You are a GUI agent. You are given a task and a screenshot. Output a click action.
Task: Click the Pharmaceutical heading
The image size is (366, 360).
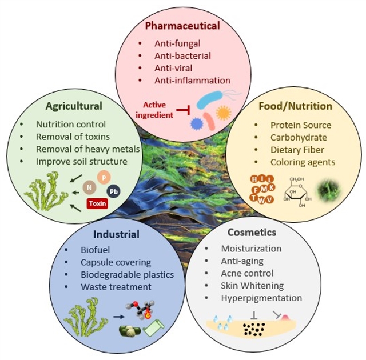182,26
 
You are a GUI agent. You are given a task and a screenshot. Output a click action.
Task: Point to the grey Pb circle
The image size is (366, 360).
114,191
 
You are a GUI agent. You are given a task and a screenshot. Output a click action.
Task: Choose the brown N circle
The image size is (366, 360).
89,187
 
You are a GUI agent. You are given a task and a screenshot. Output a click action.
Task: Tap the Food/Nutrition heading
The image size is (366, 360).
295,106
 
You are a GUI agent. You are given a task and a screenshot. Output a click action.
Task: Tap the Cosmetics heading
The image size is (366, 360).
252,233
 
